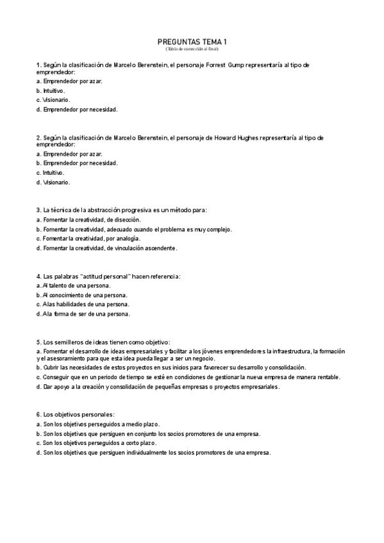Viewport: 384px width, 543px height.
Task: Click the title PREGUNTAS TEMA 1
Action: (x=192, y=42)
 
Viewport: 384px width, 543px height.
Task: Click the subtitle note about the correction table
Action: (x=192, y=49)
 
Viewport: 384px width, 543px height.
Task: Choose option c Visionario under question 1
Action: (x=53, y=100)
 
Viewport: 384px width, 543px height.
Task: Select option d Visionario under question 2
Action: (x=53, y=182)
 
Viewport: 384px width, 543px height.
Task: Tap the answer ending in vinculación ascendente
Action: (x=106, y=248)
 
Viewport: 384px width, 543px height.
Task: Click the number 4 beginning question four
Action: (x=38, y=276)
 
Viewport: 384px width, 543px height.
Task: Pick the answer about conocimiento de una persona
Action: (x=82, y=295)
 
